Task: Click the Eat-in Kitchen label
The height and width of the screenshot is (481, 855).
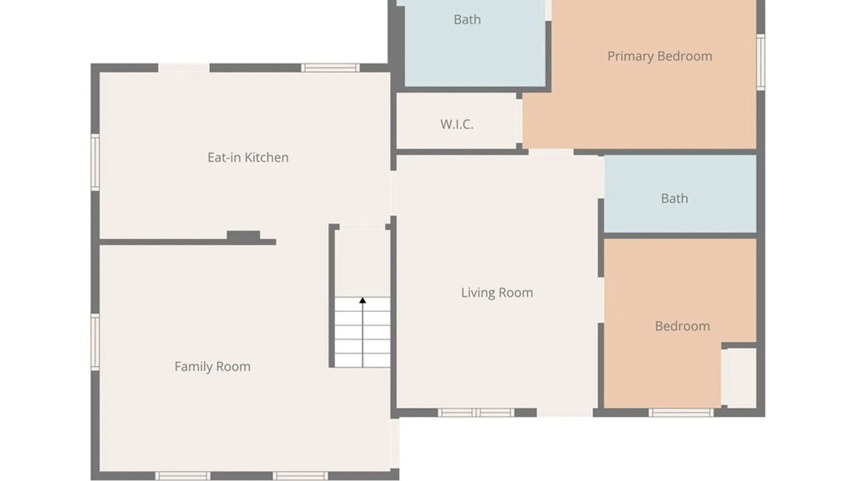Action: [248, 157]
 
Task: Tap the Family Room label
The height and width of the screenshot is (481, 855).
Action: [212, 367]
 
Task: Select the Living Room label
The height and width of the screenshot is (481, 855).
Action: [497, 293]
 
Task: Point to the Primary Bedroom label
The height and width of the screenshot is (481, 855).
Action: [660, 56]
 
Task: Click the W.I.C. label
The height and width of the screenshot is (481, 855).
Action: [457, 124]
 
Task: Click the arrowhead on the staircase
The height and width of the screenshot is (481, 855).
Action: [362, 301]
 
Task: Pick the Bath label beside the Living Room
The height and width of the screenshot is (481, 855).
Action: [674, 198]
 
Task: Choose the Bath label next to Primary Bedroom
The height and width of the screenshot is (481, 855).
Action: [467, 20]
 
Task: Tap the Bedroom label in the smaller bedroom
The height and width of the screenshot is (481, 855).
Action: [682, 326]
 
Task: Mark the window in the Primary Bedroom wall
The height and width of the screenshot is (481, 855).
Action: [761, 62]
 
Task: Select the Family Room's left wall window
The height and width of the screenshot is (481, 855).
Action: [95, 342]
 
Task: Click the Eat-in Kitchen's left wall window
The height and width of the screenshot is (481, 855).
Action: [95, 162]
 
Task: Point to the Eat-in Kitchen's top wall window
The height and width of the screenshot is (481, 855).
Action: [330, 68]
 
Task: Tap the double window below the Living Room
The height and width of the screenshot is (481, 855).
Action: [476, 412]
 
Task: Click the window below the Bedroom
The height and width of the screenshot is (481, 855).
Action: [681, 412]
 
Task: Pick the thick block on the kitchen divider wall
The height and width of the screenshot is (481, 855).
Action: [243, 236]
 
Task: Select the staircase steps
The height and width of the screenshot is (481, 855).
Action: [362, 332]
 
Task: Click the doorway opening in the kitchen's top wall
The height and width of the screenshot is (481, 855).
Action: [184, 68]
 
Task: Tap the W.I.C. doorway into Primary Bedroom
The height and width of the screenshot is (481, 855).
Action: [519, 121]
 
